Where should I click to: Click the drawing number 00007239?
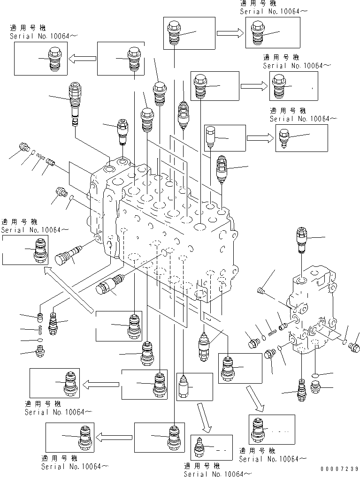(340, 469)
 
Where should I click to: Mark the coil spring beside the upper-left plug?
(40, 158)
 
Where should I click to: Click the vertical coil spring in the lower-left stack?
(40, 329)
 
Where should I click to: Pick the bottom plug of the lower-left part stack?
(40, 350)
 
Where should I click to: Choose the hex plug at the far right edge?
(355, 349)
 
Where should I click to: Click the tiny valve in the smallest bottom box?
(199, 447)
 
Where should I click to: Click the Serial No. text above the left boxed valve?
(35, 230)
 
